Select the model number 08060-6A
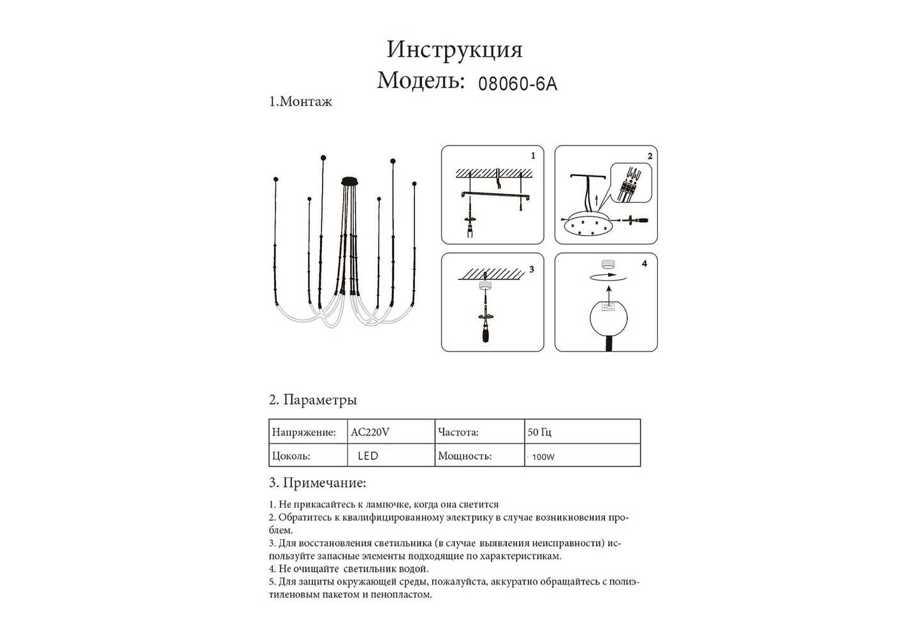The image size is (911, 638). point(518,84)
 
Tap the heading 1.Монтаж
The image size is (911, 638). point(300,101)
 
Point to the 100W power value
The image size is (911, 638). point(543,457)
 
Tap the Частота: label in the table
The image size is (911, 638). point(458,432)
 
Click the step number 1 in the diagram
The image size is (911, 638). point(533,156)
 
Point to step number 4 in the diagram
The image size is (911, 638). point(645,263)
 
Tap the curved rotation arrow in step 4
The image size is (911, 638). point(608,276)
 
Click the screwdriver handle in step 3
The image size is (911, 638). point(485,333)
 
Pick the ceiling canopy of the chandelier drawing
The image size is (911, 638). point(350,181)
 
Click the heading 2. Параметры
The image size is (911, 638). point(313,400)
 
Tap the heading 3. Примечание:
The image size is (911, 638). point(317,483)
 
